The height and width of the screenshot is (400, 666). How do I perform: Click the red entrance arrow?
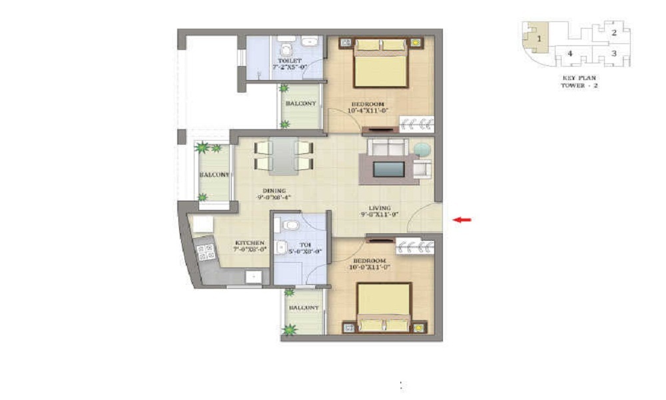coord(461,219)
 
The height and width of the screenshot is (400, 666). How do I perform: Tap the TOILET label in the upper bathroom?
coord(285,61)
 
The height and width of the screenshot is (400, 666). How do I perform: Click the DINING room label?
coord(273,189)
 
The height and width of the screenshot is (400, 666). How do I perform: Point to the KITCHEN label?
coord(250,243)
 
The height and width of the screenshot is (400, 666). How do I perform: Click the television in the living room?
coord(388,169)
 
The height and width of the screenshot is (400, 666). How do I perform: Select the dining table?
coord(284,155)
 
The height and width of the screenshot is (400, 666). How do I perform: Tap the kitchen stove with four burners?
coord(206,252)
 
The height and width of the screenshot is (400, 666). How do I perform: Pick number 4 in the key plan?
coord(569,53)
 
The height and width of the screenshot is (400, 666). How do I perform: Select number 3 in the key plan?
coord(614,53)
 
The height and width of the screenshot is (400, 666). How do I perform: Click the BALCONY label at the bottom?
coord(303,307)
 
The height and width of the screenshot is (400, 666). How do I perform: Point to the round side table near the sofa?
coord(422,149)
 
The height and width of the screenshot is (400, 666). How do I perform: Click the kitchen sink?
coord(252,277)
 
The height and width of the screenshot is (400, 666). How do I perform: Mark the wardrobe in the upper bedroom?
coord(417,123)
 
